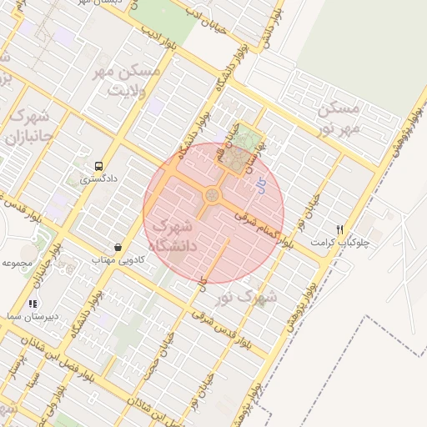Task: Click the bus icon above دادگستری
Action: [99, 166]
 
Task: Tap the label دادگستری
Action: [98, 178]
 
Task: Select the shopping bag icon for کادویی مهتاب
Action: [118, 247]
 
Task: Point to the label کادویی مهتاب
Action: [118, 260]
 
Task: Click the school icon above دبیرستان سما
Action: [33, 304]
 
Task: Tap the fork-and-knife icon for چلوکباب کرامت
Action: [339, 229]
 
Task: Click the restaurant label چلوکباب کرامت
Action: [340, 242]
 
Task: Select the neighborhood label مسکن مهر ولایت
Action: [127, 78]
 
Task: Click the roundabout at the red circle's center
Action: [212, 196]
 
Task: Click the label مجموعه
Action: [17, 263]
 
